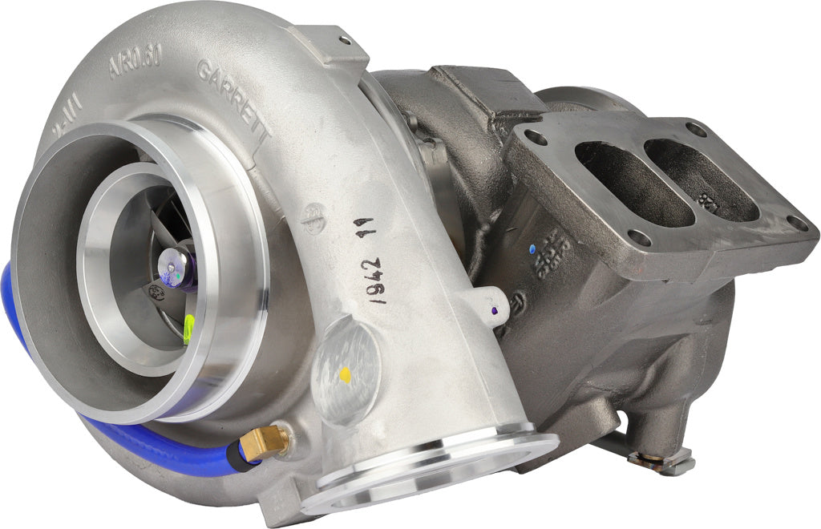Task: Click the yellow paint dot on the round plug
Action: pyautogui.click(x=345, y=374)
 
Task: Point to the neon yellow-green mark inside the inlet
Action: pyautogui.click(x=188, y=329)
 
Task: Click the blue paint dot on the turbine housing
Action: pyautogui.click(x=532, y=249)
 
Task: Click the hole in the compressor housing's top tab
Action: pyautogui.click(x=346, y=38)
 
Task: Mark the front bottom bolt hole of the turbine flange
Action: pyautogui.click(x=638, y=236)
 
